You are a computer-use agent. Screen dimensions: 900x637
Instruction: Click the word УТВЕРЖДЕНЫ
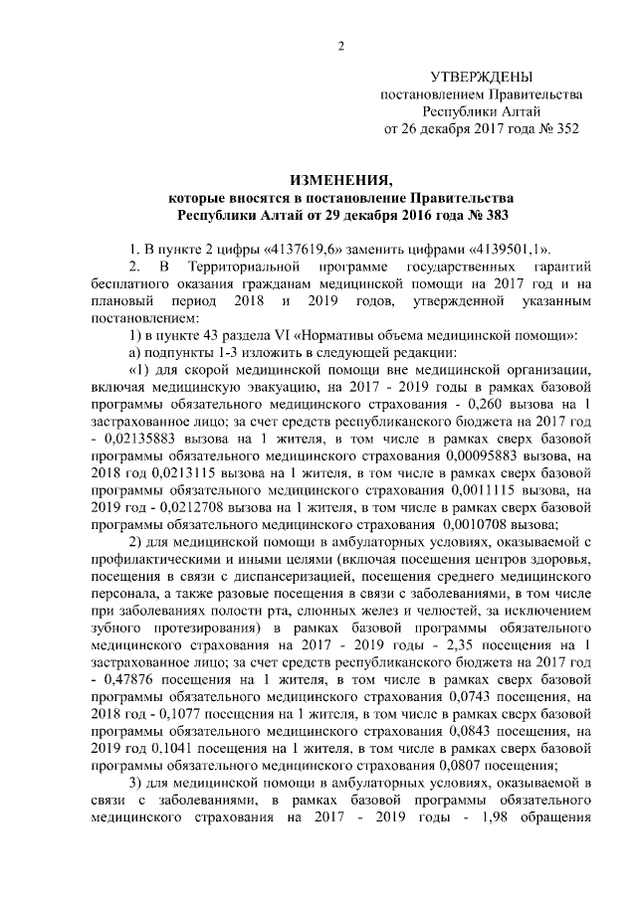[482, 77]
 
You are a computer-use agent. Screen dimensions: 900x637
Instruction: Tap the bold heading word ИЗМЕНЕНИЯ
[340, 180]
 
